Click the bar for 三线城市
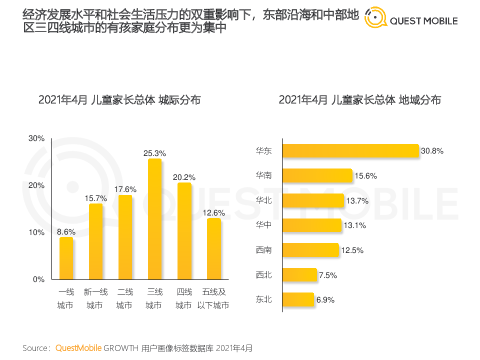point(154,219)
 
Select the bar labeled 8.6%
point(66,258)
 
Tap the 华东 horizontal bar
point(350,151)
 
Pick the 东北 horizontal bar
point(298,299)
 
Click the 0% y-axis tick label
point(39,279)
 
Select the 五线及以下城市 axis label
point(213,298)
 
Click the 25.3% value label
point(154,153)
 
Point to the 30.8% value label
point(432,150)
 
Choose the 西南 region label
point(263,250)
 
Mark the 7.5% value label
point(328,275)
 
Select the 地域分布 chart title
point(359,100)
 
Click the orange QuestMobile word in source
point(78,347)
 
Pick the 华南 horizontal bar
point(317,175)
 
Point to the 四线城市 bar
point(184,231)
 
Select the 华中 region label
point(263,225)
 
